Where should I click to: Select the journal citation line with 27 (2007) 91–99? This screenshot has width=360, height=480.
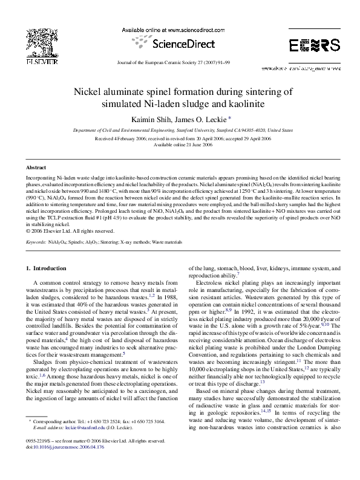click(180, 62)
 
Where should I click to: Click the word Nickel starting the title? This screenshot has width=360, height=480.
click(88, 91)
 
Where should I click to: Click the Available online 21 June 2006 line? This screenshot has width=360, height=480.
click(180, 144)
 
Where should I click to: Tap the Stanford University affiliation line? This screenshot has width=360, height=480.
click(180, 130)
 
